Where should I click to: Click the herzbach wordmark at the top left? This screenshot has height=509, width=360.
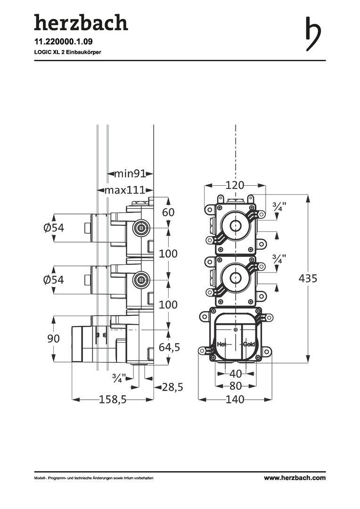pos(81,23)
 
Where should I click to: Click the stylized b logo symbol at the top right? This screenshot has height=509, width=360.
pos(313,33)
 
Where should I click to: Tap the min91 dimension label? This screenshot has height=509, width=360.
pos(129,174)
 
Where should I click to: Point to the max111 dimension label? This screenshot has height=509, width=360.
pos(124,190)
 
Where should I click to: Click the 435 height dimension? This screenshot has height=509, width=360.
pos(308,279)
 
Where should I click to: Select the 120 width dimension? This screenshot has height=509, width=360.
pos(235,185)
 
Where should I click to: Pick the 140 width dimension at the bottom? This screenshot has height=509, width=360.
pos(235,400)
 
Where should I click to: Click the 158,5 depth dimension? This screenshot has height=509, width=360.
pos(113,400)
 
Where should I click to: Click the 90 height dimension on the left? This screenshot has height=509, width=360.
pos(53,338)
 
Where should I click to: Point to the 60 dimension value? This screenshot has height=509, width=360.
pos(168,213)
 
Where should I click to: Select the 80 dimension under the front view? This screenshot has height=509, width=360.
pos(235,386)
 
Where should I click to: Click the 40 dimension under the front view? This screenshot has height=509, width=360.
pos(235,374)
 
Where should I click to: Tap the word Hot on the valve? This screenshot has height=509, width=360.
pos(221,345)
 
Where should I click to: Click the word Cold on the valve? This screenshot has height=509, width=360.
pos(249,345)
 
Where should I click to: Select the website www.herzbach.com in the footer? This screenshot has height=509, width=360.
pos(295,478)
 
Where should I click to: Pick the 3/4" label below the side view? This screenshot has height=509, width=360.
pos(120,378)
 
